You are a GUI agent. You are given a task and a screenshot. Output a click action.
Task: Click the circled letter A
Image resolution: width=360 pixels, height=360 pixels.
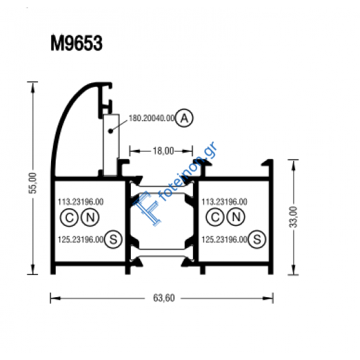point(185,118)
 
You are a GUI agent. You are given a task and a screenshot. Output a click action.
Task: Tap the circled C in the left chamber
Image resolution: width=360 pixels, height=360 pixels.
point(67,217)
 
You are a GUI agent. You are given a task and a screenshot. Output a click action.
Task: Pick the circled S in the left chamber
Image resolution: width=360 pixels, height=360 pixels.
point(113,240)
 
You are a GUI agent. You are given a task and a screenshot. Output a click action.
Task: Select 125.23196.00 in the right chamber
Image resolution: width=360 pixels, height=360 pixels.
point(225,240)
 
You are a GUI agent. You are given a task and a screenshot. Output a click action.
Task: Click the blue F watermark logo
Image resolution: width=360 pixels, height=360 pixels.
point(148,209)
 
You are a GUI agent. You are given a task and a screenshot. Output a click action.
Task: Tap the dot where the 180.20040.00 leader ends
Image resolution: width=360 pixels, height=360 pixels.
point(111,131)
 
